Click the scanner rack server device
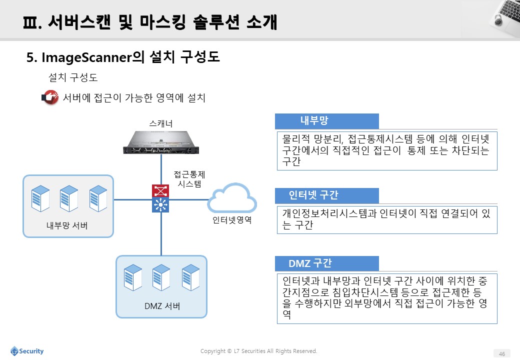coord(161,142)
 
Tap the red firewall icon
coord(160,191)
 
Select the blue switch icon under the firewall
coord(160,205)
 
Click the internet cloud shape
coord(232,198)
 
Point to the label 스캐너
coord(161,123)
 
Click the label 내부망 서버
coord(67,225)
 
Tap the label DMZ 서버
coord(162,306)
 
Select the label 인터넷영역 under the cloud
coord(232,220)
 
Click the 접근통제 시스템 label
coord(189,179)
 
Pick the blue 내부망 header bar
coord(326,121)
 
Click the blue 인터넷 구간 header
coord(326,195)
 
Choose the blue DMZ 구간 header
coord(326,263)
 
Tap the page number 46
coord(502,353)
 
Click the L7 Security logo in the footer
coord(27,351)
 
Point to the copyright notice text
coord(258,351)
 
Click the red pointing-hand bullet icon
coord(50,97)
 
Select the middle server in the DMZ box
coord(161,277)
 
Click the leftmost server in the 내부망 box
coord(40,198)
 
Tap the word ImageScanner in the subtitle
coord(86,57)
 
